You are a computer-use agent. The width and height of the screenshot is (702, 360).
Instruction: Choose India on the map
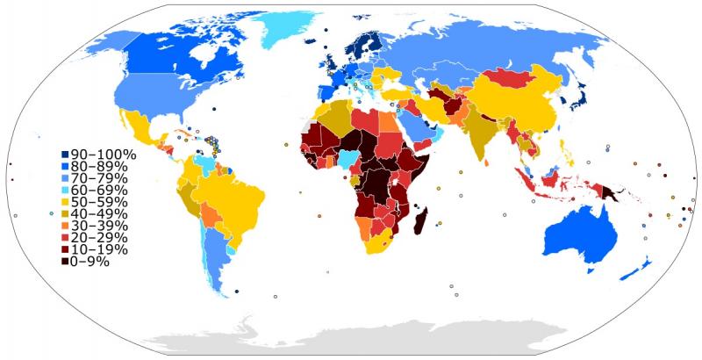(479, 132)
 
